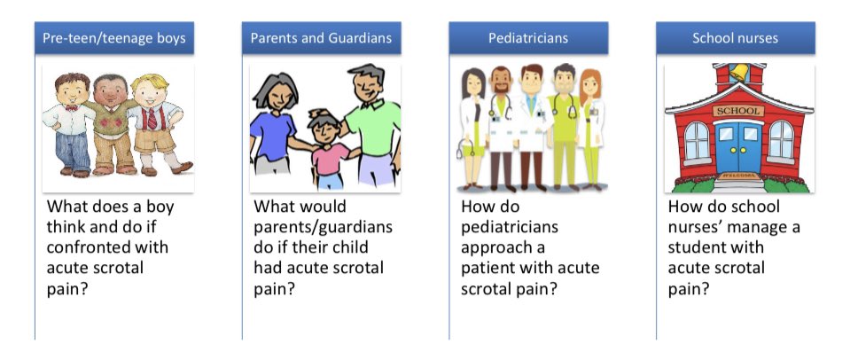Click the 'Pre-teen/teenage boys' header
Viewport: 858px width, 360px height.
tap(113, 39)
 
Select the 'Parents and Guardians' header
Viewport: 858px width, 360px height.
tap(321, 39)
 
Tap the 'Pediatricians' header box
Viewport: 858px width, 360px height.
tap(527, 39)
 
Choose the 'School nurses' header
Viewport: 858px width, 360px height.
tap(735, 39)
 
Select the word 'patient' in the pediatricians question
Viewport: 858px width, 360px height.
tap(491, 267)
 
